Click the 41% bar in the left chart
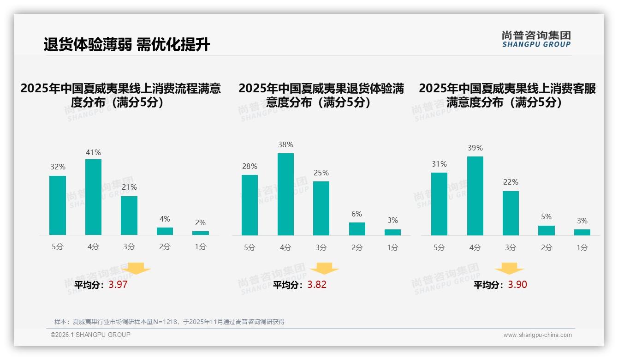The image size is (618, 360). coord(93,197)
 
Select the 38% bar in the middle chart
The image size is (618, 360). coord(285,194)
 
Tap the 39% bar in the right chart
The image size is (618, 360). coord(475,196)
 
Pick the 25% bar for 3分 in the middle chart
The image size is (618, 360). coord(321,208)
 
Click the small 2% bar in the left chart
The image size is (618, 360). coord(201,233)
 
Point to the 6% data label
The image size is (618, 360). coord(357,214)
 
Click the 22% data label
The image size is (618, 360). coord(511,182)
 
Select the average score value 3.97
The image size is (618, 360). coord(118,285)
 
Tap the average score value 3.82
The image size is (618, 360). coord(317,285)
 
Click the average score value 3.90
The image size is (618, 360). coord(517,285)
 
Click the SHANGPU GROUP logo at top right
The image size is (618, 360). coord(536,39)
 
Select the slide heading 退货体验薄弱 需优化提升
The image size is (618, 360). coord(127,44)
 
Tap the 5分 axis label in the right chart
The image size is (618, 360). coord(439,248)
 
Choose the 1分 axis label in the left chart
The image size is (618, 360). coord(201,247)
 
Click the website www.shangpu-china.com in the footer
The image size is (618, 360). coord(537,335)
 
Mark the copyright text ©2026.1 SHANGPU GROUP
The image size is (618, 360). coord(90,335)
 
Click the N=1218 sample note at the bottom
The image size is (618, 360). coord(169,322)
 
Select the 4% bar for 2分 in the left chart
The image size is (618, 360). coord(165,231)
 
